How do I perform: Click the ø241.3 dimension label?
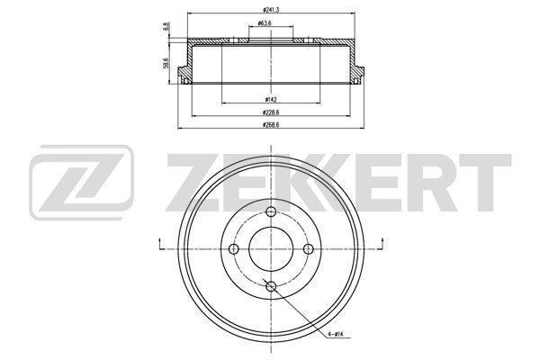271,10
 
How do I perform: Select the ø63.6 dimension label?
265,23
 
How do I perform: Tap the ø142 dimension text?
271,100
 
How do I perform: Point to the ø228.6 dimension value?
271,112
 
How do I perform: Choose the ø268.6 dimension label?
271,125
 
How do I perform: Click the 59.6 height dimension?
166,64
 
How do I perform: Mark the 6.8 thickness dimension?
166,26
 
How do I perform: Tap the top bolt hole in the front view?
272,211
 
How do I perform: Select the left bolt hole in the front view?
234,248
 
